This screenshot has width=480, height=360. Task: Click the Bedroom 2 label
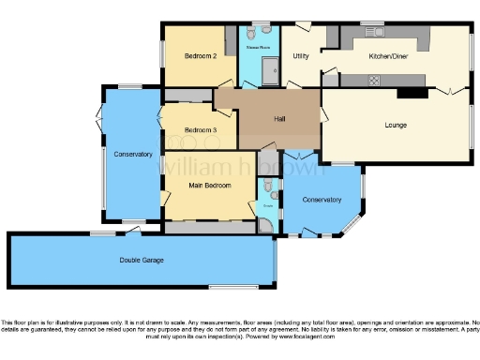point(201,56)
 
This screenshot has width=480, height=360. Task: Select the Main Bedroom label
point(208,185)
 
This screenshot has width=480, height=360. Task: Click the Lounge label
point(396,125)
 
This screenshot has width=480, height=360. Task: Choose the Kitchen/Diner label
point(388,56)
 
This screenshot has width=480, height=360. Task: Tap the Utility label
point(301,56)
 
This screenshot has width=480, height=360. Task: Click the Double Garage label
point(140,260)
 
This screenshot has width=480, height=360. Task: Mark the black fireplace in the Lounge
point(410,93)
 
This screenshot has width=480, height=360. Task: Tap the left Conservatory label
point(133,154)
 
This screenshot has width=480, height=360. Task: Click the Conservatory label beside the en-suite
point(322,199)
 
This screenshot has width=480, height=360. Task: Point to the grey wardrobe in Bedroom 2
point(231,43)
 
